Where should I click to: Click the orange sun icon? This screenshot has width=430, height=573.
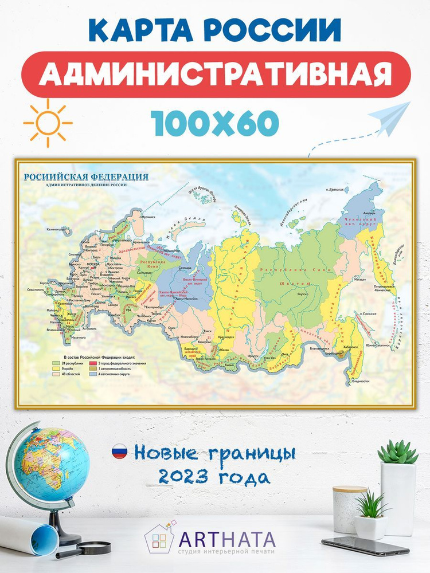[48, 123]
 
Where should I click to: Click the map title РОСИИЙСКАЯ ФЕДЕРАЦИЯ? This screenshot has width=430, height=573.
[85, 176]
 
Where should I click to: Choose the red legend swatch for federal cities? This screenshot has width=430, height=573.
[92, 363]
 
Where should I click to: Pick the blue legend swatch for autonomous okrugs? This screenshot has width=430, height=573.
[92, 374]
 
